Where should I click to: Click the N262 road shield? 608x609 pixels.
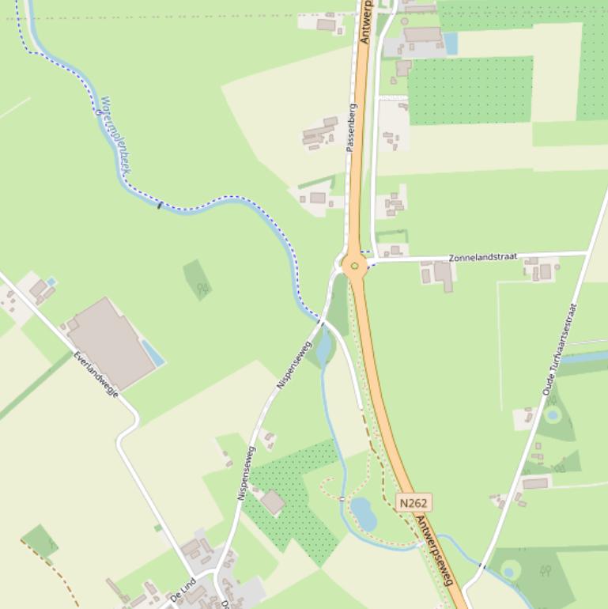click(414, 503)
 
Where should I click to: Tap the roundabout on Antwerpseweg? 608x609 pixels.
click(354, 265)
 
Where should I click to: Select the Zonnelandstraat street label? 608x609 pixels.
click(482, 257)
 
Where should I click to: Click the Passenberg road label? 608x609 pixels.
click(351, 127)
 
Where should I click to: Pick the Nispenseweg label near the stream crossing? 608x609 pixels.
click(295, 365)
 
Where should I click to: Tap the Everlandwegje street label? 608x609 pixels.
click(96, 373)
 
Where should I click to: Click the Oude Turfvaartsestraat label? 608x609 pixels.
click(560, 349)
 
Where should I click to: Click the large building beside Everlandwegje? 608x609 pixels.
click(110, 343)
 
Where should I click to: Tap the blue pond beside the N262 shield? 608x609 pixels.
click(364, 514)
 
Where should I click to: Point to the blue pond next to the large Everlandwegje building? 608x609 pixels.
click(153, 353)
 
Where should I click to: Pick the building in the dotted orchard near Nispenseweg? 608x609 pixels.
click(273, 502)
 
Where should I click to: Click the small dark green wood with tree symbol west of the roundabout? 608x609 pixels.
click(197, 279)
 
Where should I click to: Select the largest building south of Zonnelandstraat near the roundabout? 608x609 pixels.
click(443, 274)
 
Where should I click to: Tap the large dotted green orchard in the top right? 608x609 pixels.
click(470, 90)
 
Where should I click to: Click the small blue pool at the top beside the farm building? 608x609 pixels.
click(451, 43)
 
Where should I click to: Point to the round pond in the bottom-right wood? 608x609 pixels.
click(510, 570)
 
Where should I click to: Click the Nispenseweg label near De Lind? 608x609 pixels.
click(246, 473)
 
